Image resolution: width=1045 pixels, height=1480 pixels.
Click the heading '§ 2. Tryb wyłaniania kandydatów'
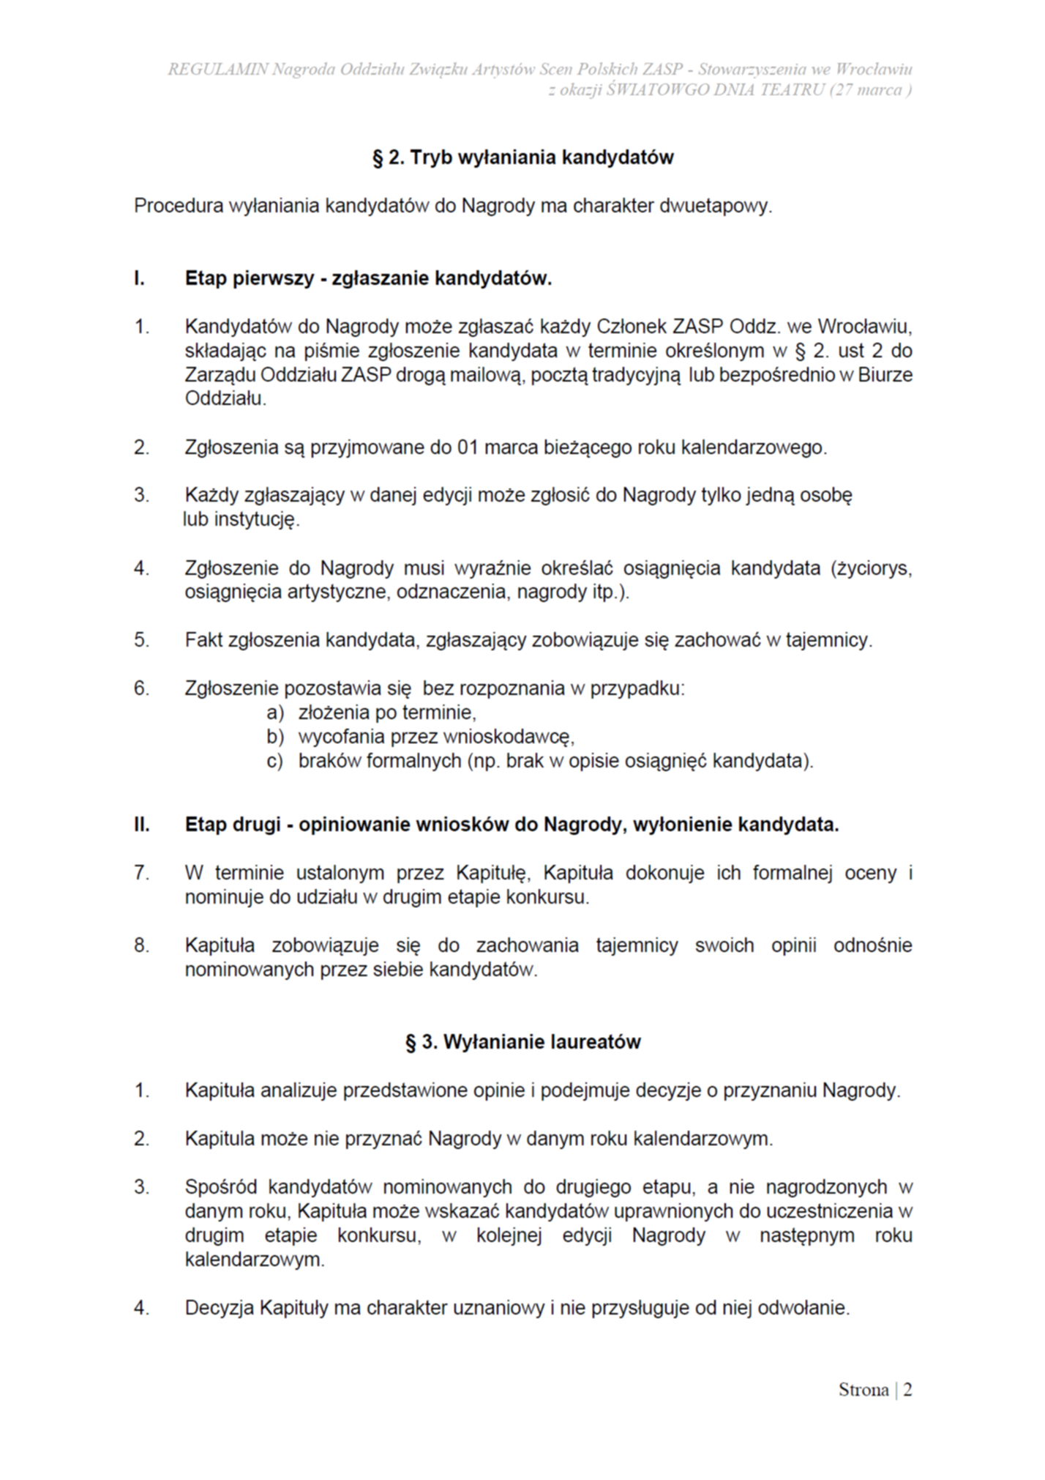pyautogui.click(x=522, y=157)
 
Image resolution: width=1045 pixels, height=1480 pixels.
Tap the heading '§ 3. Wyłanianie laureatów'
pyautogui.click(x=522, y=1041)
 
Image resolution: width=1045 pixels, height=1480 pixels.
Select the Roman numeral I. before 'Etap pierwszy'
pyautogui.click(x=139, y=278)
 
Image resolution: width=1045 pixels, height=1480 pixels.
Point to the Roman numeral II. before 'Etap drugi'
pyautogui.click(x=141, y=825)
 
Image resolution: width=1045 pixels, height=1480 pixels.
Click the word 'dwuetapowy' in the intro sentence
pyautogui.click(x=715, y=206)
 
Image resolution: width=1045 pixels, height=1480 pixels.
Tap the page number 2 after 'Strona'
pyautogui.click(x=907, y=1389)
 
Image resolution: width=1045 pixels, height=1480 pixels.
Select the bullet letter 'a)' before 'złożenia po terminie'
pyautogui.click(x=274, y=713)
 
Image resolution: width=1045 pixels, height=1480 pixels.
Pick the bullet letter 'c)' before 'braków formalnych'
pyautogui.click(x=274, y=761)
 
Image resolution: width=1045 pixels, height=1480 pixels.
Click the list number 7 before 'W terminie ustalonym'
pyautogui.click(x=141, y=873)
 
